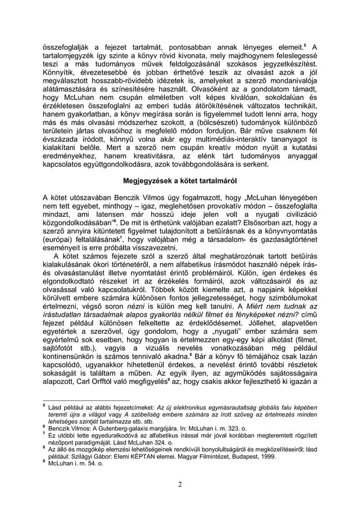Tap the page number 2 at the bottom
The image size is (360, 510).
click(x=179, y=483)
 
